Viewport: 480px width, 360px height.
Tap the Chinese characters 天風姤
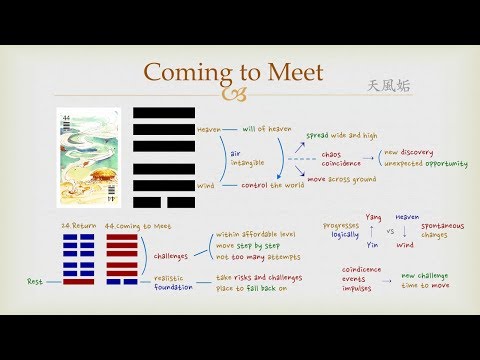click(x=389, y=86)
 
